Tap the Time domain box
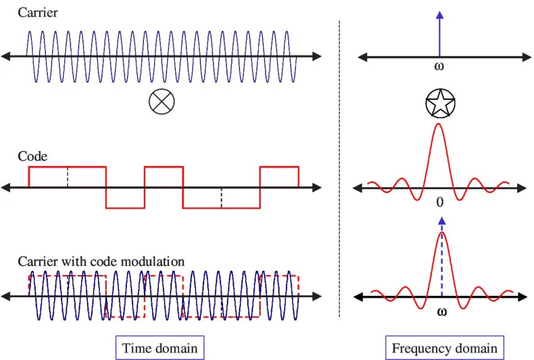click(x=160, y=348)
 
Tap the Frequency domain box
click(x=444, y=348)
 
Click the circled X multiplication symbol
click(x=161, y=102)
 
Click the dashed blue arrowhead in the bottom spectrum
click(x=442, y=221)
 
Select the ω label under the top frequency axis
click(x=440, y=66)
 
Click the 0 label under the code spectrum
click(x=440, y=202)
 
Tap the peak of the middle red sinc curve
click(x=439, y=125)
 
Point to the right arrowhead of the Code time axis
click(x=318, y=187)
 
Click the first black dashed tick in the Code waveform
click(x=67, y=178)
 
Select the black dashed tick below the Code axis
click(x=221, y=198)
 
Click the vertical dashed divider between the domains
click(x=339, y=170)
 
